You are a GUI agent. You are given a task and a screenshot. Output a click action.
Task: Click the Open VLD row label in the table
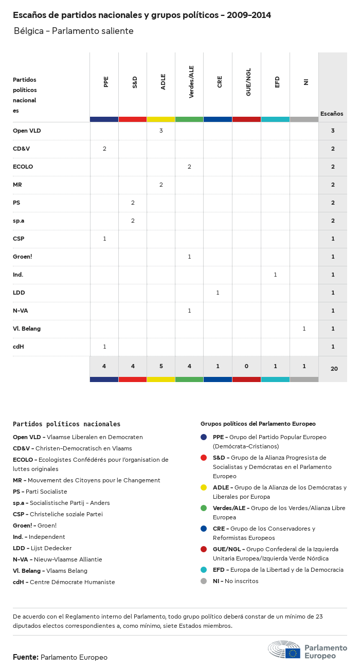27,131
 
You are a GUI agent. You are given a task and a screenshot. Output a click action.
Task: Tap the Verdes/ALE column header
191,85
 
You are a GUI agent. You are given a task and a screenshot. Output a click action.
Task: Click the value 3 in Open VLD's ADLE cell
161,131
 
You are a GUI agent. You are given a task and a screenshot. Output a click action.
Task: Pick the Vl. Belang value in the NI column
304,329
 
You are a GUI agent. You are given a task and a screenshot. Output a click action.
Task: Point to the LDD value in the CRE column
218,293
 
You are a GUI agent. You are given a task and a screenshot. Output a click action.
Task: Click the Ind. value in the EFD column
275,275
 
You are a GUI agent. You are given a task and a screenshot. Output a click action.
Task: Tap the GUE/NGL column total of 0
246,366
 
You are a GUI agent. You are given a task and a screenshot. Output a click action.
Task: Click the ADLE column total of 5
161,366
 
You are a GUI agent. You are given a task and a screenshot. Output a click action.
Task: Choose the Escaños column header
332,114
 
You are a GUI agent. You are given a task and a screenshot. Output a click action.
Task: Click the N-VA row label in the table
21,311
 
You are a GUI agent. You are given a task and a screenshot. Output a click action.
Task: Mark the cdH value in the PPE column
104,347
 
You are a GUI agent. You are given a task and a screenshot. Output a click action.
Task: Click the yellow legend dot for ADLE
204,487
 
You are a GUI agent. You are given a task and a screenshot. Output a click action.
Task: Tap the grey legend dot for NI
204,581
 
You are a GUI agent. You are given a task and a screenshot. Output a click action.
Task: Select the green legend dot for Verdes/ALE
204,508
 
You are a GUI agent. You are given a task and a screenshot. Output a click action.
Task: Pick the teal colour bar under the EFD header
275,119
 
